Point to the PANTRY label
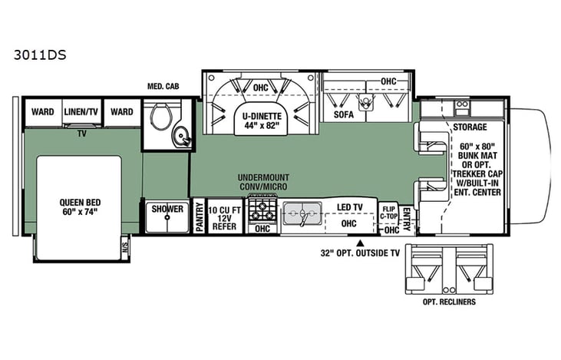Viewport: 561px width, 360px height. [200, 216]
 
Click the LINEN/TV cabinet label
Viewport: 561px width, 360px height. [82, 112]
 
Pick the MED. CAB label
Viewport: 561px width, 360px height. [163, 87]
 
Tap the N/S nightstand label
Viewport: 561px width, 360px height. [125, 246]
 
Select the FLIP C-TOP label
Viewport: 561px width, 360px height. [389, 212]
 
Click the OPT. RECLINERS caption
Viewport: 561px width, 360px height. [445, 302]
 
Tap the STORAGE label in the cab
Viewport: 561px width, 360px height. [469, 126]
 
